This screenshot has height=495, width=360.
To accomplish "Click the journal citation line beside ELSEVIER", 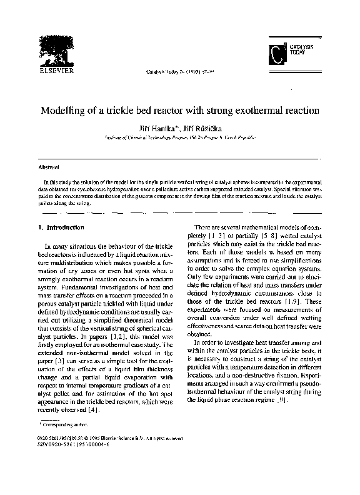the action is (180, 71).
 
